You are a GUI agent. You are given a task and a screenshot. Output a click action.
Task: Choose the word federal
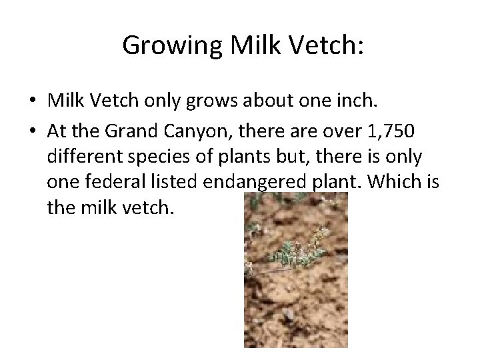click(103, 182)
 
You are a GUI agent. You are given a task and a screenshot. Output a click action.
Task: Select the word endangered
click(234, 182)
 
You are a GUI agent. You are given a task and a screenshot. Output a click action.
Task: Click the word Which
click(400, 182)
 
